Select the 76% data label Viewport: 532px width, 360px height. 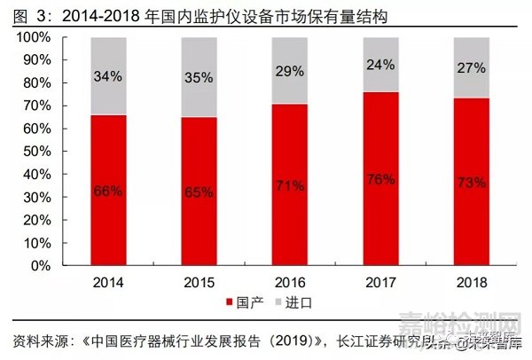(x=381, y=179)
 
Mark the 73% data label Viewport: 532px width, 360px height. (x=472, y=183)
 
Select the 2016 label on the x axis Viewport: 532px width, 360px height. (x=289, y=281)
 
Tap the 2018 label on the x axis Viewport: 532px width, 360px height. (x=472, y=281)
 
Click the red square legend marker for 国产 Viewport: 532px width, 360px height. (x=231, y=302)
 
